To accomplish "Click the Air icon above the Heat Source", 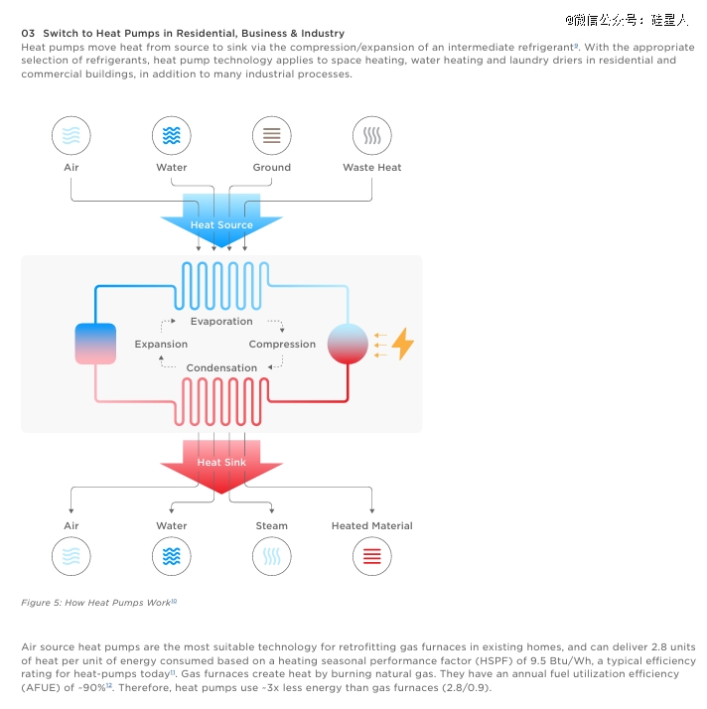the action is coord(71,135).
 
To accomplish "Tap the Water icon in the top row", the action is coord(172,135).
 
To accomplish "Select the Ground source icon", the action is coord(272,135).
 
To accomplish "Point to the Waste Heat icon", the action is coord(372,135).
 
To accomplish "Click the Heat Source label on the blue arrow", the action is coord(221,224).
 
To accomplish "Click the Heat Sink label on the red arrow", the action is coord(221,462).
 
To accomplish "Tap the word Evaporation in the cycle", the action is coord(221,321).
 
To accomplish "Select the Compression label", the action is coord(282,345).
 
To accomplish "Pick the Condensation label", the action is coord(221,368).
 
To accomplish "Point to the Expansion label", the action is coord(161,345).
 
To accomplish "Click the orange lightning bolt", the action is coord(403,344).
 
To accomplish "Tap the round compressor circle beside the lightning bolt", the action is coord(348,344).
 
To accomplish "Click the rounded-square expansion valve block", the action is coord(95,344).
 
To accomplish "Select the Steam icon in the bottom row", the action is coord(272,556).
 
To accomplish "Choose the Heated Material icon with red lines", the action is coord(372,556).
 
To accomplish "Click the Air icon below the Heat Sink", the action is coord(71,556).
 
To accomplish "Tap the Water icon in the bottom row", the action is coord(172,556).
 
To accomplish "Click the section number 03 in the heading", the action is coord(28,33).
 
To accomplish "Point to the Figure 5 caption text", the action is coord(99,603).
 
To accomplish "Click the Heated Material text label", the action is coord(372,526).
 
